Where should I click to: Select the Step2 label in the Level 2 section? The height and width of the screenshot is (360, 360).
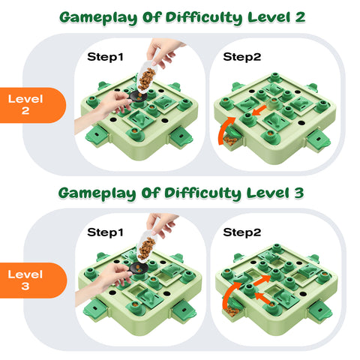click(241, 56)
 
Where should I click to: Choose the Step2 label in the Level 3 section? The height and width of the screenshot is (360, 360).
click(241, 232)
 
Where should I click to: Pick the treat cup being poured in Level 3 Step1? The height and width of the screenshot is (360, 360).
click(148, 252)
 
